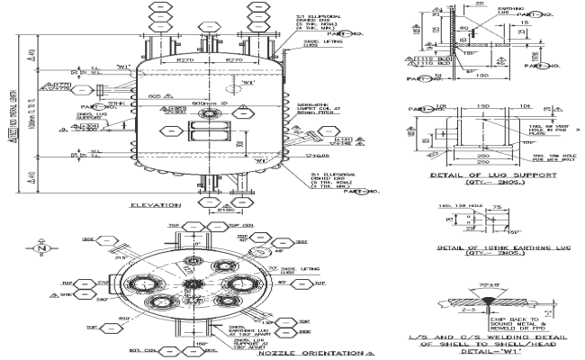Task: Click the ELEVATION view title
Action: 156,206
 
